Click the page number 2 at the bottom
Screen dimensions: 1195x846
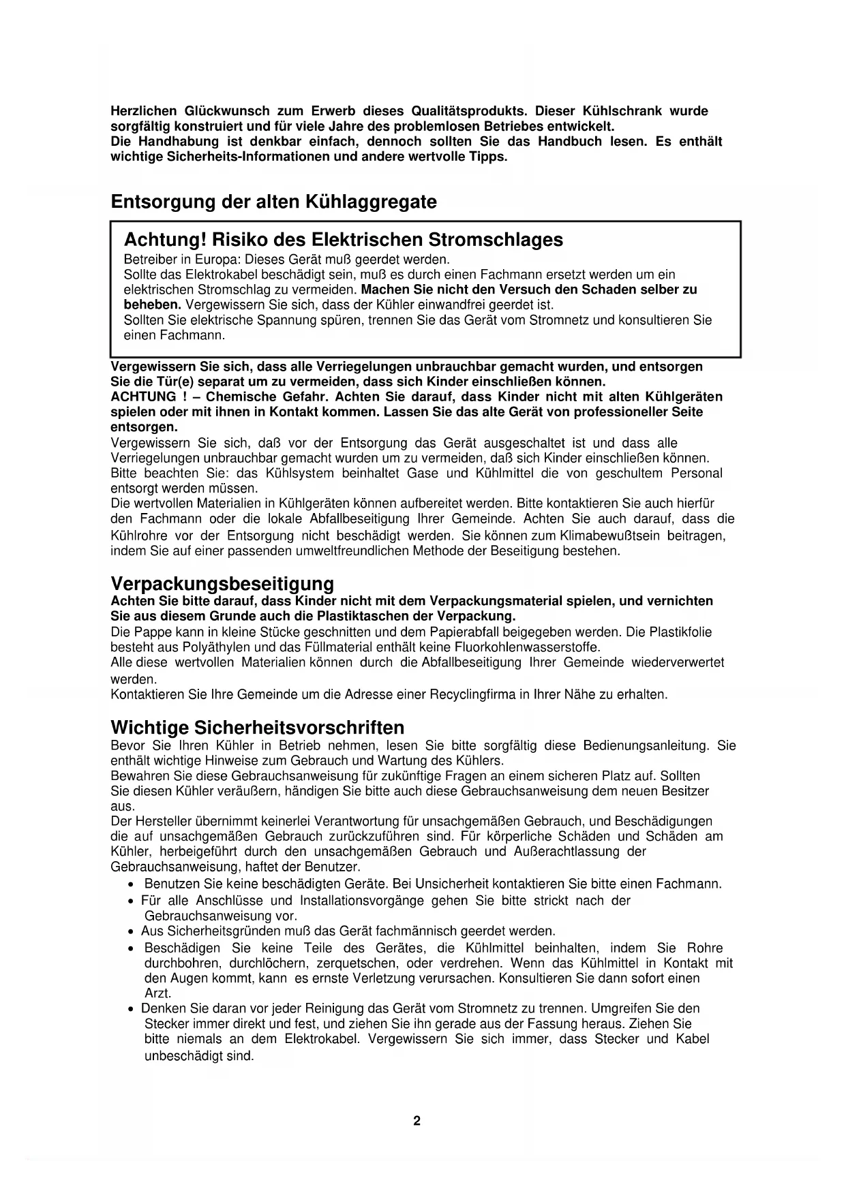[417, 1121]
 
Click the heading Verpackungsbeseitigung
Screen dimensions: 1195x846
[222, 584]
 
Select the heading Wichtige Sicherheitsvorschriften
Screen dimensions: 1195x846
[258, 727]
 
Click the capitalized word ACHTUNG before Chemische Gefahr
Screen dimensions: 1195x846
[142, 397]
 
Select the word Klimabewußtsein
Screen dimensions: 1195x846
[609, 536]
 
